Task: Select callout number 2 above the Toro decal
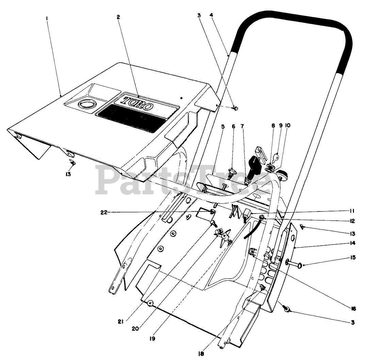coord(118,17)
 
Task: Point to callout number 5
coord(223,126)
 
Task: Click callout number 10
coord(288,126)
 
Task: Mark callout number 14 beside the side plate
coord(352,243)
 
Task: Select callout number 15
coord(352,257)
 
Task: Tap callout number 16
coord(353,309)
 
